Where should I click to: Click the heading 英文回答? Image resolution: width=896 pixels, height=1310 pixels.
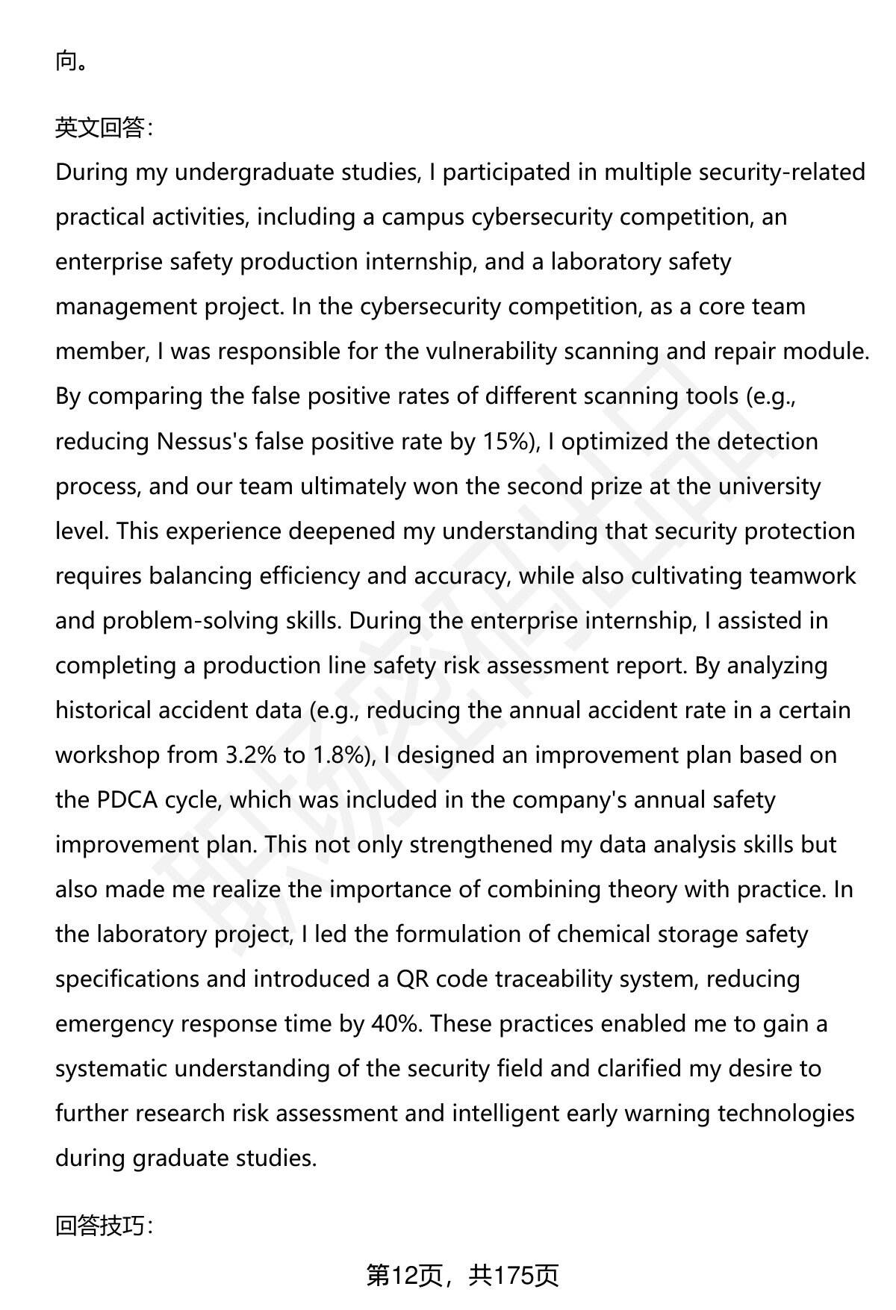pyautogui.click(x=104, y=128)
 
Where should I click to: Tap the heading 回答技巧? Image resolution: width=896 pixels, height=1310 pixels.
pyautogui.click(x=104, y=1225)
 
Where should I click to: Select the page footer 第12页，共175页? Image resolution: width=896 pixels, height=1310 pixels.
pyautogui.click(x=461, y=1275)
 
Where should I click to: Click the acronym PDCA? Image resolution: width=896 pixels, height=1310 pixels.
pyautogui.click(x=127, y=800)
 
